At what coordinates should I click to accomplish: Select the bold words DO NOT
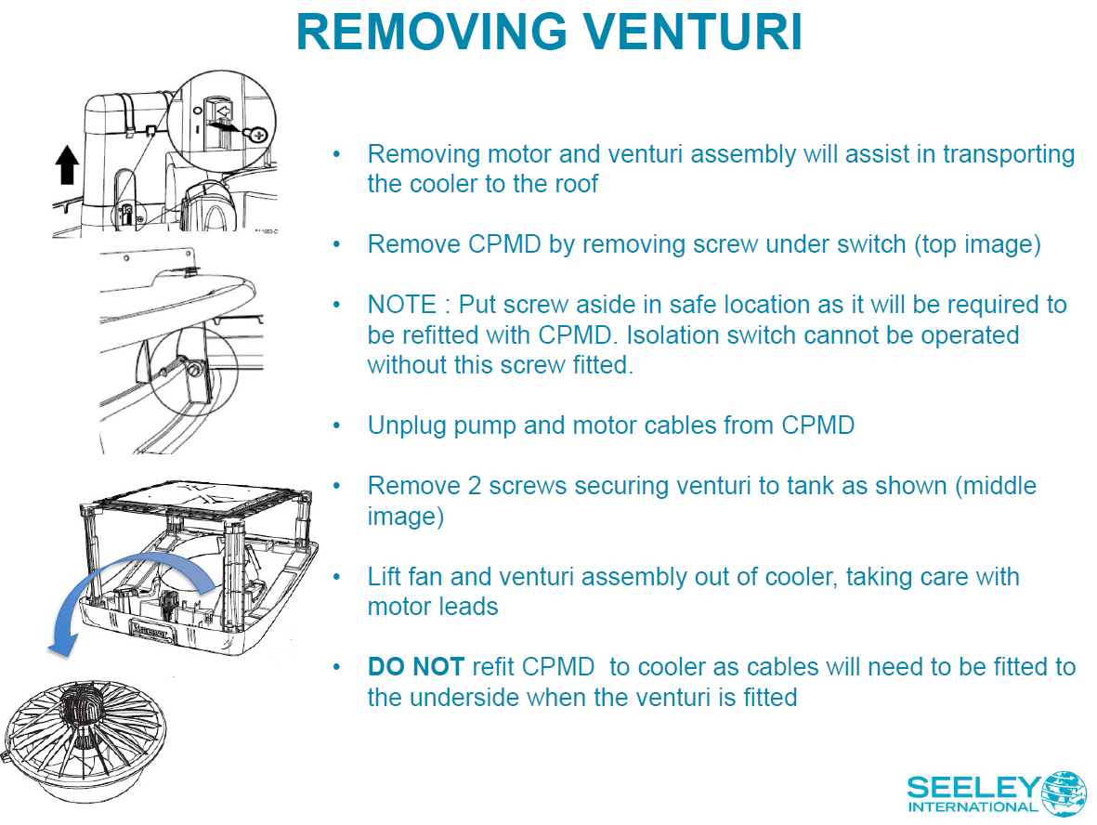coord(415,667)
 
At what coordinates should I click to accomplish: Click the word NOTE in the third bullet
coord(402,305)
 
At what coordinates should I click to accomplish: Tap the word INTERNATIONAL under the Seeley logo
coord(973,807)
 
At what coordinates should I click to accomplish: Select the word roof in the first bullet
coord(575,183)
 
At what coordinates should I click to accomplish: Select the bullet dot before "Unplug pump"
coord(338,426)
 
